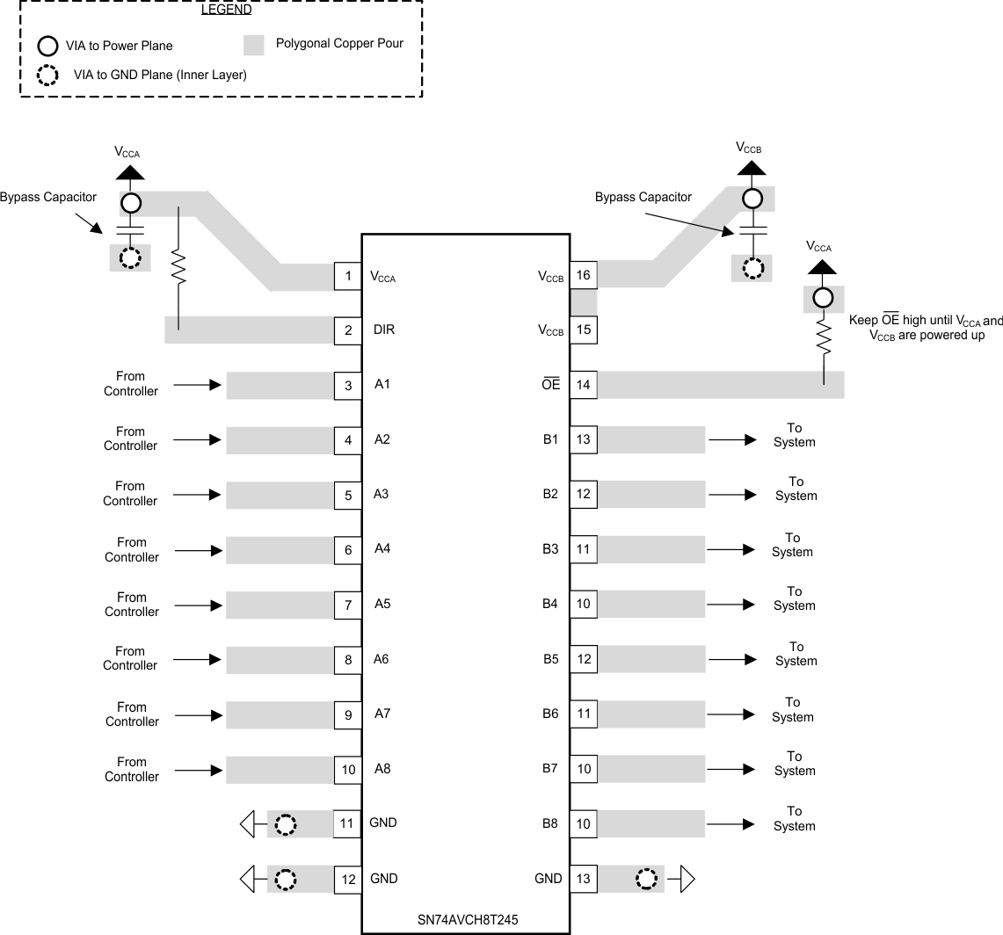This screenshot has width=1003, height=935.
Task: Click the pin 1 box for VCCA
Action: point(348,277)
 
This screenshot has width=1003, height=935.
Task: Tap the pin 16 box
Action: point(584,275)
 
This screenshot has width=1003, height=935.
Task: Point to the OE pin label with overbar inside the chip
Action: point(550,385)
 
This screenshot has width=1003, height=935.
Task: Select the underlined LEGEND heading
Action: point(226,11)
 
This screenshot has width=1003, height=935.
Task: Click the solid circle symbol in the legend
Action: point(47,46)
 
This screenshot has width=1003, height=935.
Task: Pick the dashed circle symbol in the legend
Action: point(47,75)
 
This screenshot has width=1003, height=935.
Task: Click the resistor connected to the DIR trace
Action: point(178,267)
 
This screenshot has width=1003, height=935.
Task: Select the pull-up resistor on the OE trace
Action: point(824,337)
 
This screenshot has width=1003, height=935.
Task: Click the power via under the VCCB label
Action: point(752,199)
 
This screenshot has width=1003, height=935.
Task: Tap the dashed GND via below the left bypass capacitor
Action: point(130,258)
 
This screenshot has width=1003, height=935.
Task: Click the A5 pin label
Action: point(382,604)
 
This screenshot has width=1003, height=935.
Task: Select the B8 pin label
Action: point(550,824)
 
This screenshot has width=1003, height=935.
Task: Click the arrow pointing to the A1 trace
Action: point(198,385)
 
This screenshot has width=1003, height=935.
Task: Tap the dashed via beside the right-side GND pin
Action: point(646,879)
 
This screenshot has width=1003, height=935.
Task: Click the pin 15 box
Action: point(584,330)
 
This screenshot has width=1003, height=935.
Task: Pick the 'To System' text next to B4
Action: point(795,598)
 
